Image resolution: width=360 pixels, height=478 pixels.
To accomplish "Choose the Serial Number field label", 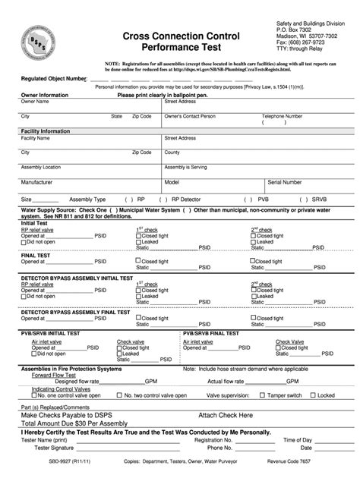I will [285, 182].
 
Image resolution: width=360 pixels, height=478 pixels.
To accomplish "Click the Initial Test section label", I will [34, 223].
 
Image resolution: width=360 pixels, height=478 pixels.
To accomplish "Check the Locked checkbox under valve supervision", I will [312, 395].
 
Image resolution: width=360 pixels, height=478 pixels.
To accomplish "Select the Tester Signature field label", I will [43, 450].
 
